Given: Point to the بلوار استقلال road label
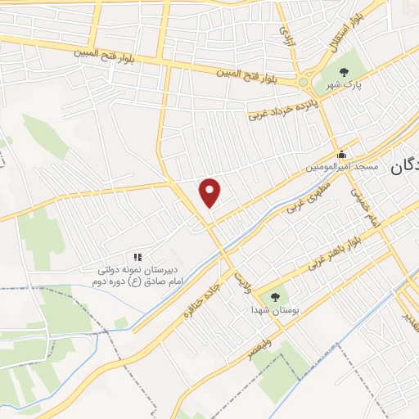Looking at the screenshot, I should click(x=342, y=37).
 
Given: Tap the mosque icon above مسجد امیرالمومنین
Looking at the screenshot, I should click(x=342, y=154).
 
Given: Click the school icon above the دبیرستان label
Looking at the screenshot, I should click(x=137, y=258).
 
